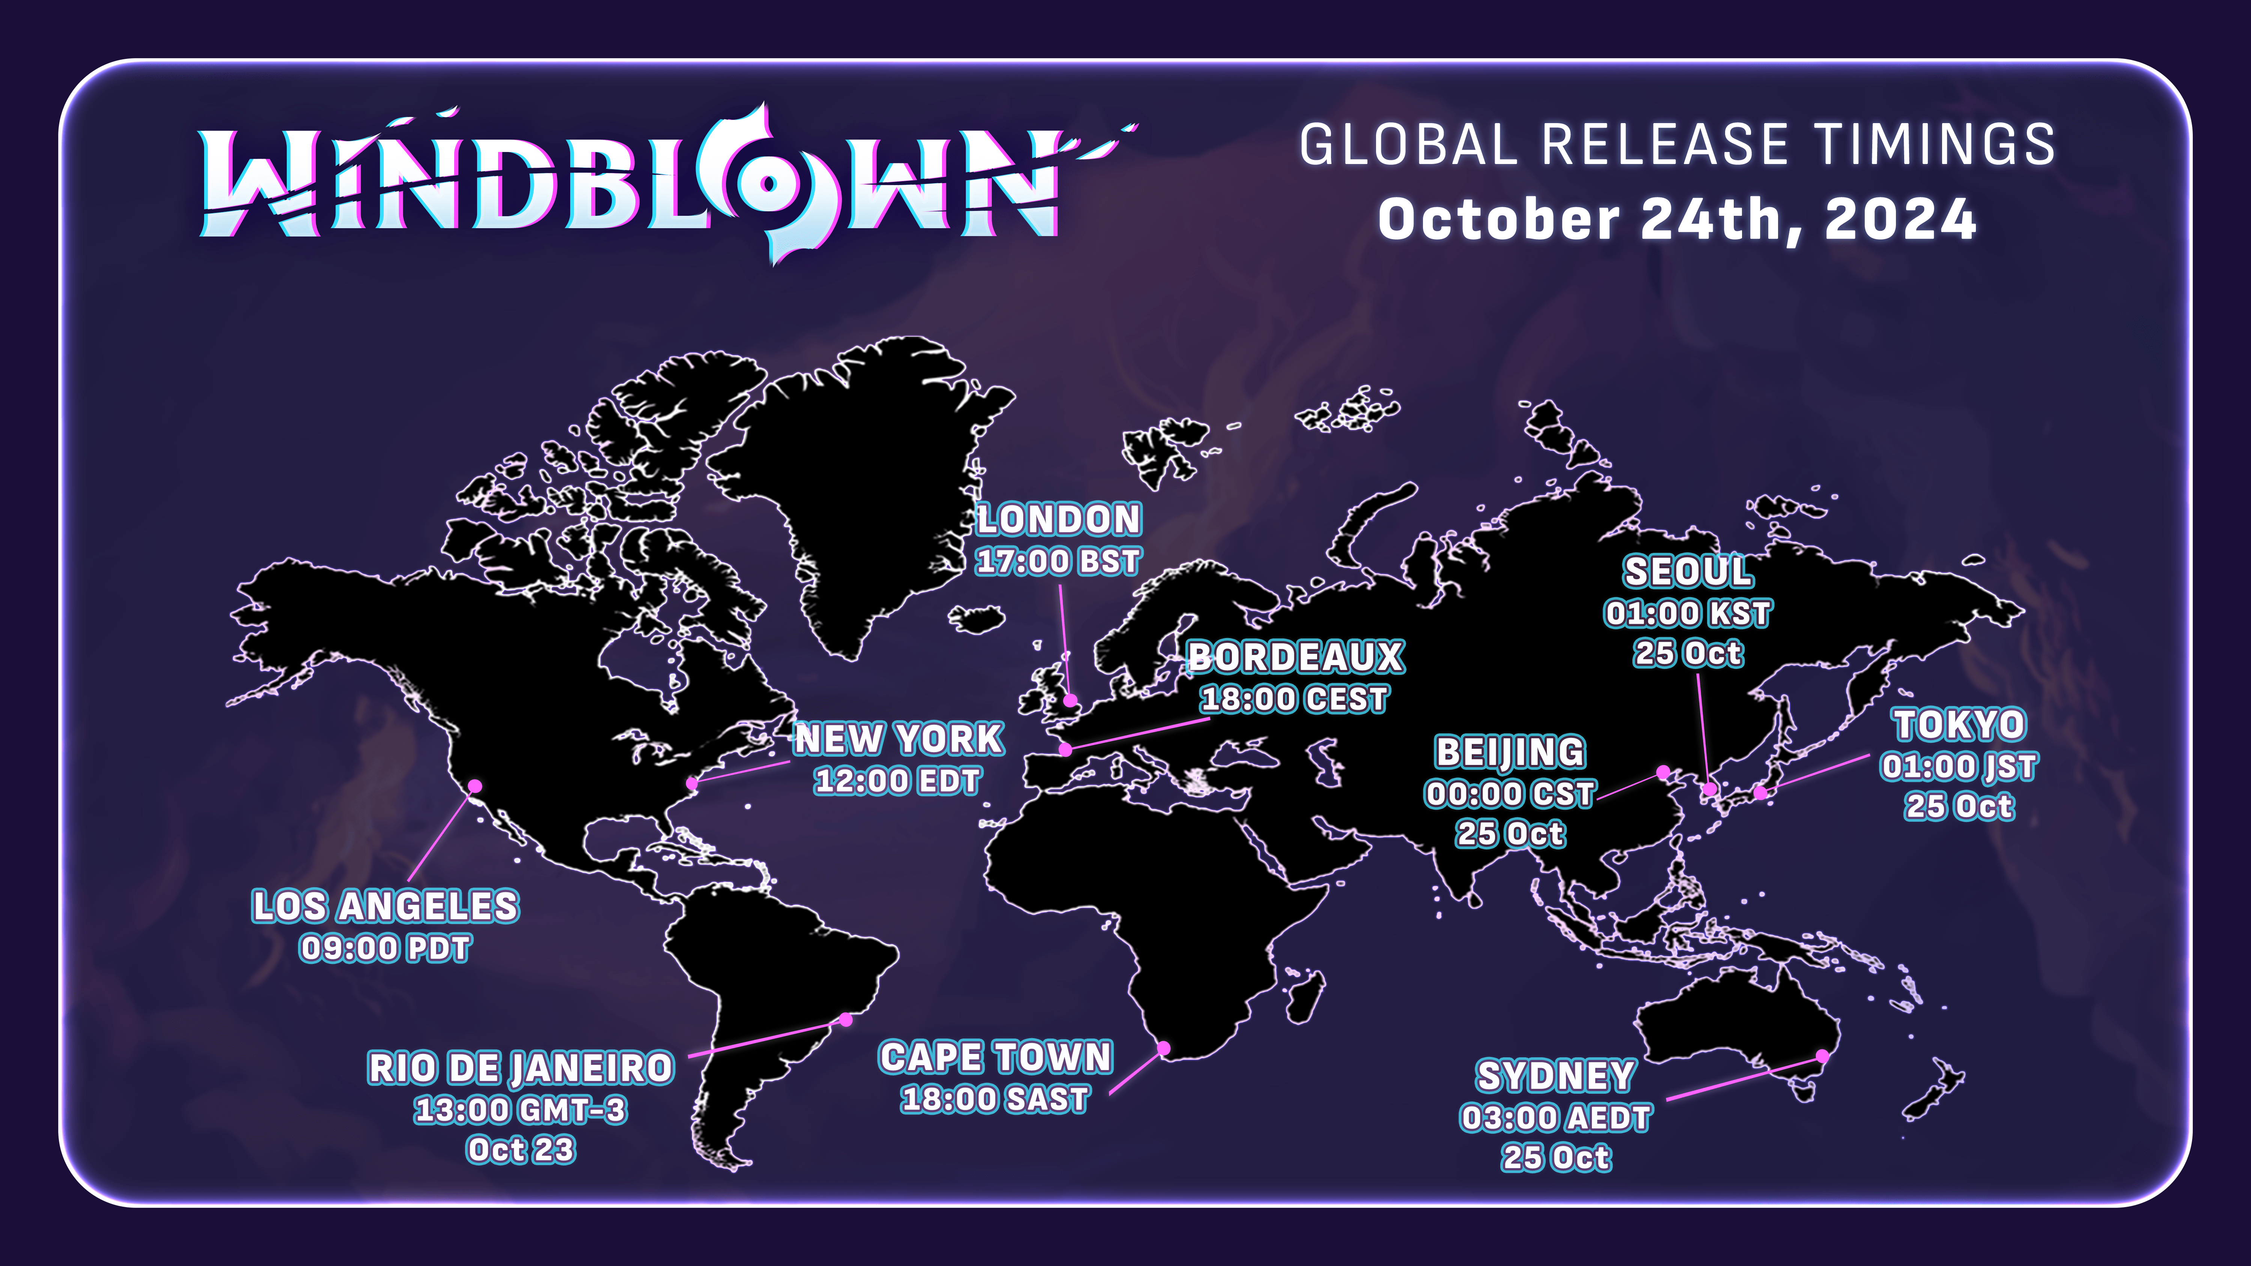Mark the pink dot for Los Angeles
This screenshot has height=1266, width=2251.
475,786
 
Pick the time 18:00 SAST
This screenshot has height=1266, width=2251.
995,1098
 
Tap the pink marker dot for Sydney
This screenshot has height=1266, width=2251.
1823,1056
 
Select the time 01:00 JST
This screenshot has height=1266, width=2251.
1959,766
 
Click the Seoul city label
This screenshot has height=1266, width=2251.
1688,572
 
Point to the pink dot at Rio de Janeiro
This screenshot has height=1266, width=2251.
846,1020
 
